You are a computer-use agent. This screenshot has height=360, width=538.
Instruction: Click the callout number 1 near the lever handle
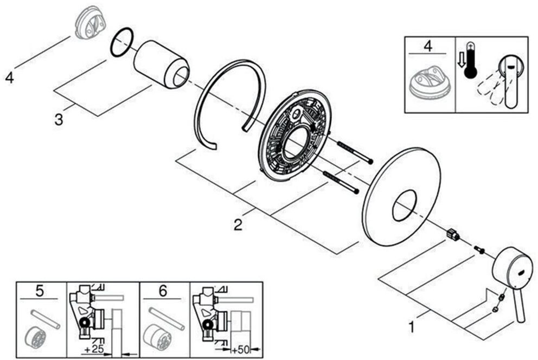click(x=412, y=327)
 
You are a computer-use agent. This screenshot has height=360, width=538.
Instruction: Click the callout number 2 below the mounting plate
click(x=238, y=223)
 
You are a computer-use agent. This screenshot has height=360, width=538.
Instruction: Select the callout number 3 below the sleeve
click(x=59, y=119)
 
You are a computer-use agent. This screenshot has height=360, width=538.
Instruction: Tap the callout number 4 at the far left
click(x=9, y=78)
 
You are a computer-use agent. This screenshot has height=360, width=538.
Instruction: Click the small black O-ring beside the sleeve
click(x=121, y=42)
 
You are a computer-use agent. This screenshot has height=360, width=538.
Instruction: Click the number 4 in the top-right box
click(x=427, y=47)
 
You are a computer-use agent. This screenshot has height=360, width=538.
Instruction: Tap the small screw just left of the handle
click(x=479, y=249)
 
